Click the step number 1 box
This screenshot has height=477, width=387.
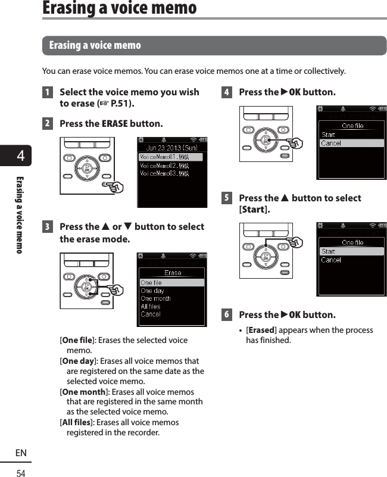coord(46,92)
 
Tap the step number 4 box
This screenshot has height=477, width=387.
coord(226,92)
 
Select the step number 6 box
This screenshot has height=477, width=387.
coord(226,314)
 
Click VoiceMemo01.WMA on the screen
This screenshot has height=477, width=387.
coord(164,157)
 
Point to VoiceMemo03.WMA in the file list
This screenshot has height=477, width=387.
coord(164,173)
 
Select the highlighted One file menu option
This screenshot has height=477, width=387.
coord(151,283)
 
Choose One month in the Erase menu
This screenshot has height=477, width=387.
coord(155,298)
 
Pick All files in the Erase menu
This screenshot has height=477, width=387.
coord(151,306)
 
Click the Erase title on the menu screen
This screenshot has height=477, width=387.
coord(173,273)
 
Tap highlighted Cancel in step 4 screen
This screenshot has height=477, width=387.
coord(331,143)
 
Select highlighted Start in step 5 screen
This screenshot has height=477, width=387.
coord(329,251)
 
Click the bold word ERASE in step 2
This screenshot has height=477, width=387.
coord(114,124)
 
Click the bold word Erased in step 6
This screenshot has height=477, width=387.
coord(261,331)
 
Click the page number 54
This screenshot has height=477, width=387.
coord(21,473)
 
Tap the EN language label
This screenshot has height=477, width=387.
coord(21,453)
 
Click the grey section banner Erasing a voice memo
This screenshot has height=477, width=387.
coord(214,45)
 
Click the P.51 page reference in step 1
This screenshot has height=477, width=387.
coord(121,104)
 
